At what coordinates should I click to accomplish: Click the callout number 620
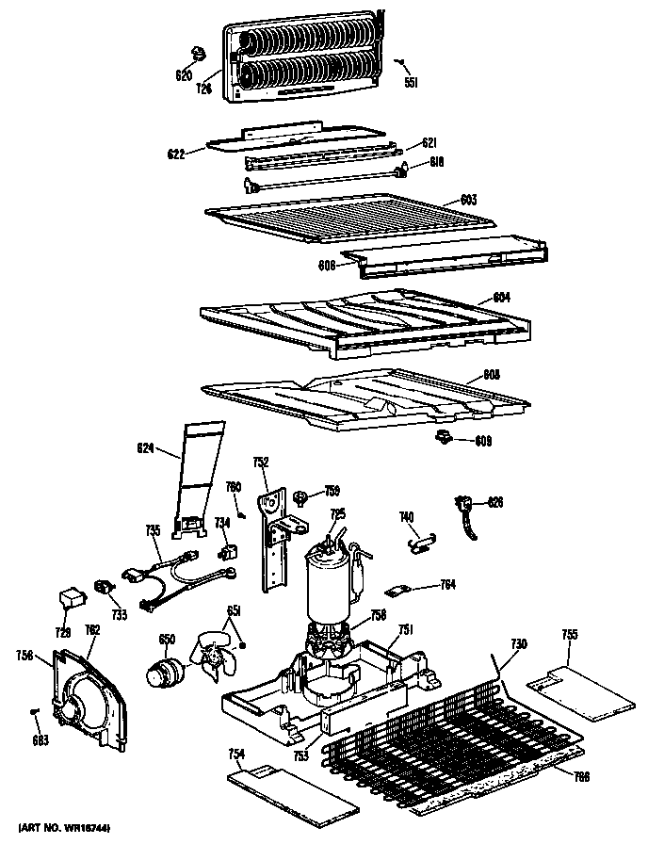coord(184,75)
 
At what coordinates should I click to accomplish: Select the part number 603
coord(469,199)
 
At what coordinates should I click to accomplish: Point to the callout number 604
coord(502,298)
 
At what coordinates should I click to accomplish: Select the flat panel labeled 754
coord(293,792)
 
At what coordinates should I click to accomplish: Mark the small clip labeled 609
coord(443,436)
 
